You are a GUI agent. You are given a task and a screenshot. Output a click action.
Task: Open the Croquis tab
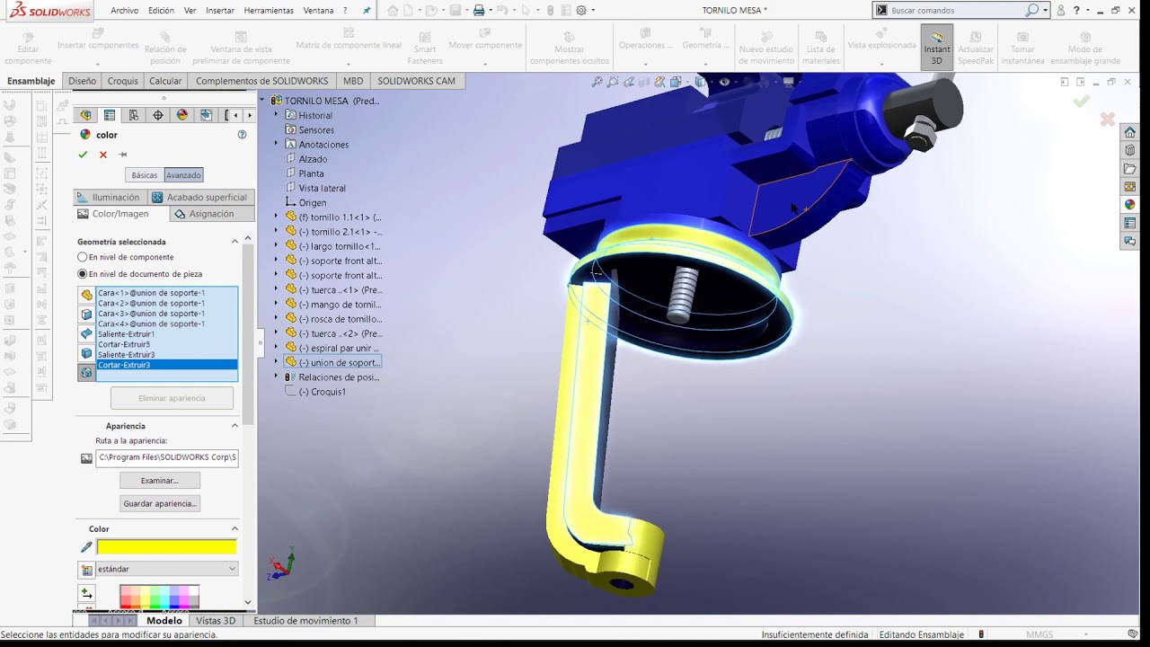tap(123, 81)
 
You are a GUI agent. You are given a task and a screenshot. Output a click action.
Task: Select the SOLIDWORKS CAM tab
tap(416, 81)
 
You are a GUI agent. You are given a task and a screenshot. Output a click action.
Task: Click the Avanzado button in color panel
tap(183, 175)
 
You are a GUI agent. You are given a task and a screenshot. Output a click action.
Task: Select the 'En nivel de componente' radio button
tap(83, 258)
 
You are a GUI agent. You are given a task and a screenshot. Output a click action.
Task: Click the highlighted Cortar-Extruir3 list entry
tap(124, 365)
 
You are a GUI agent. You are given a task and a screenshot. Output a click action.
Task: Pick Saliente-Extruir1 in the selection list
tap(126, 334)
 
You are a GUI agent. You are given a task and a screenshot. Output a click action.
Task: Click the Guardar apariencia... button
tap(160, 504)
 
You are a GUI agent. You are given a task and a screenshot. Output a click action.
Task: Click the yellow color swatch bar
tap(166, 547)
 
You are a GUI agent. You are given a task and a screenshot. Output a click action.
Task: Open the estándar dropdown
tap(166, 569)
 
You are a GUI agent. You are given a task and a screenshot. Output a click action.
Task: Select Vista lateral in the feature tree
tap(322, 188)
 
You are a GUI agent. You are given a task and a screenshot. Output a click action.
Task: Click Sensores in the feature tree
tap(316, 130)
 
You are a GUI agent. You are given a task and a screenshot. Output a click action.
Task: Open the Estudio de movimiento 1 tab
tap(305, 621)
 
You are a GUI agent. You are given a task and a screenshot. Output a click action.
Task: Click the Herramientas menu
tap(269, 11)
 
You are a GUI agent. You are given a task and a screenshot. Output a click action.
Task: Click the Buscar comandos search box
tap(957, 11)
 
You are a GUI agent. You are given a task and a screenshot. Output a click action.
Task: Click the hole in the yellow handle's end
tap(622, 584)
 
